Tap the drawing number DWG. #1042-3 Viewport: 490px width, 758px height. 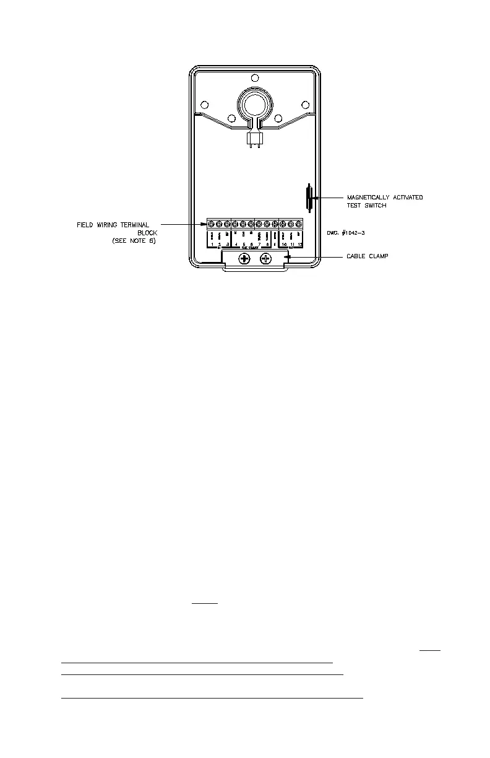[x=349, y=233]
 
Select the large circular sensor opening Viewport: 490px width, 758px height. [x=254, y=103]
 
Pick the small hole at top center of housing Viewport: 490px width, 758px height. [x=254, y=79]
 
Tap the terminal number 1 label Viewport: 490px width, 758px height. [x=212, y=245]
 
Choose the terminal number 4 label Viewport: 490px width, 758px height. [x=236, y=245]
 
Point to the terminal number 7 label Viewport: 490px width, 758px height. [x=259, y=245]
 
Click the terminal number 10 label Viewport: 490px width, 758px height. [x=284, y=245]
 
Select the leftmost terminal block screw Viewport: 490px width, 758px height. [x=211, y=224]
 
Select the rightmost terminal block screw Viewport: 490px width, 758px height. [x=299, y=224]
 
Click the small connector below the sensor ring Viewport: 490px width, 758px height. [x=254, y=139]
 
